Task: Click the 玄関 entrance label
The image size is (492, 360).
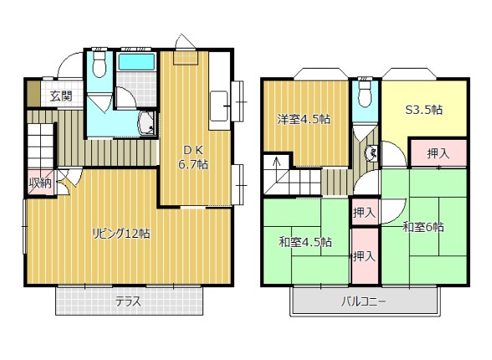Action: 62,95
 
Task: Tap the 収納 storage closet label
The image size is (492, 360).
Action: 40,183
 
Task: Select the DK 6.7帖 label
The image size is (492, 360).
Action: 193,157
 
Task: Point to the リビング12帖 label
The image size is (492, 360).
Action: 121,234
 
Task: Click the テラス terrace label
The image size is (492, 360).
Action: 128,302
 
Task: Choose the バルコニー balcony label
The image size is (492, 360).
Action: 364,302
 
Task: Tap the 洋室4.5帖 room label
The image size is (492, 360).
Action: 304,119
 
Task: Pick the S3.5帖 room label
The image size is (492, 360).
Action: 424,110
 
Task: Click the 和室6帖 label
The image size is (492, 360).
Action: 423,227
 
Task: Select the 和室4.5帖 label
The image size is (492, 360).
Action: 305,242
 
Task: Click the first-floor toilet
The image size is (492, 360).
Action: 100,64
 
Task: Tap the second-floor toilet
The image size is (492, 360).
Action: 365,93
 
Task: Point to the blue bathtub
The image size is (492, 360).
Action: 136,62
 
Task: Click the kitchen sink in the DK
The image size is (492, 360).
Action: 218,105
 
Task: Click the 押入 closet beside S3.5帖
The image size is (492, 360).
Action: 438,153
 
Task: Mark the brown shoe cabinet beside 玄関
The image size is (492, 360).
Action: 33,94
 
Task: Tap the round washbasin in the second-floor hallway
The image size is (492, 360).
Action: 372,153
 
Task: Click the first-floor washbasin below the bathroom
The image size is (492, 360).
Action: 146,123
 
